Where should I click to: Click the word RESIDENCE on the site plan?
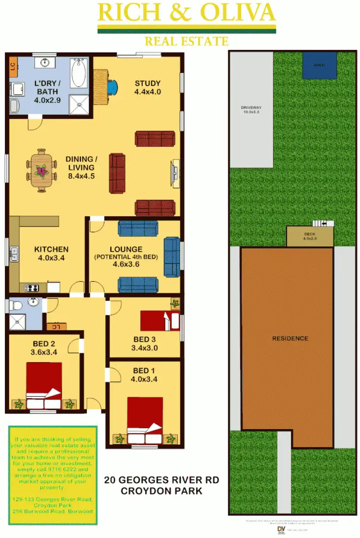(290, 339)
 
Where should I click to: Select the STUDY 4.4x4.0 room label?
(147, 87)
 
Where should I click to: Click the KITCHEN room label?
(51, 253)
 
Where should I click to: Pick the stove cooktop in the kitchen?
(31, 288)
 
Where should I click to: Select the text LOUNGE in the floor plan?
(126, 249)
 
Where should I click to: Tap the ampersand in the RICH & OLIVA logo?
(188, 13)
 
